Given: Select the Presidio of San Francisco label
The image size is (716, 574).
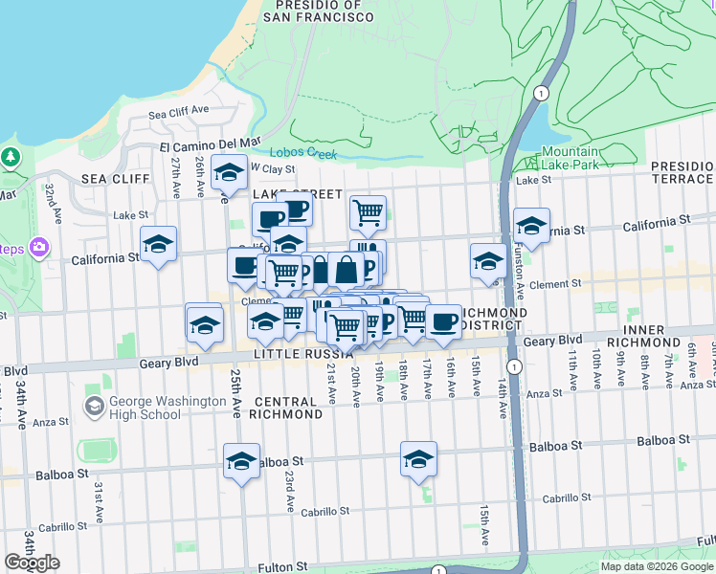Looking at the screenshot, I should pos(312,11).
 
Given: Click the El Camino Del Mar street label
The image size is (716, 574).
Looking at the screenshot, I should pos(210,143).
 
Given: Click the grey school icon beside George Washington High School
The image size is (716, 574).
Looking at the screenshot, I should pos(94,408).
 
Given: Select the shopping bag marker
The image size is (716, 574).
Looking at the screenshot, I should pos(347,270).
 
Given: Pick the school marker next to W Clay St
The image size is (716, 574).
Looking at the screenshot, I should pos(229,174).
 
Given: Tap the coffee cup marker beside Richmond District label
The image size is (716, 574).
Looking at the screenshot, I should pos(442,321).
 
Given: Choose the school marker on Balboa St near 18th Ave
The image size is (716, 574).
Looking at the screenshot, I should pos(418,460).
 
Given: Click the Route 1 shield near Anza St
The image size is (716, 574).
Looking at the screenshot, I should pos(515,367).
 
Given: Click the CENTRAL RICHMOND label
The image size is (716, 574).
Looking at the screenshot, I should pos(285,408).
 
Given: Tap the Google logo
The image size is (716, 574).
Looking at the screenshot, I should pos(32,563).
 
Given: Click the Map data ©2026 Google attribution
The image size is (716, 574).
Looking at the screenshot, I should pos(657,566).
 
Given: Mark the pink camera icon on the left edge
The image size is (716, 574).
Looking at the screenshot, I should pos(38,248).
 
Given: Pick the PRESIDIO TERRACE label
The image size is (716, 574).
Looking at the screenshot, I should pos(682,172).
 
